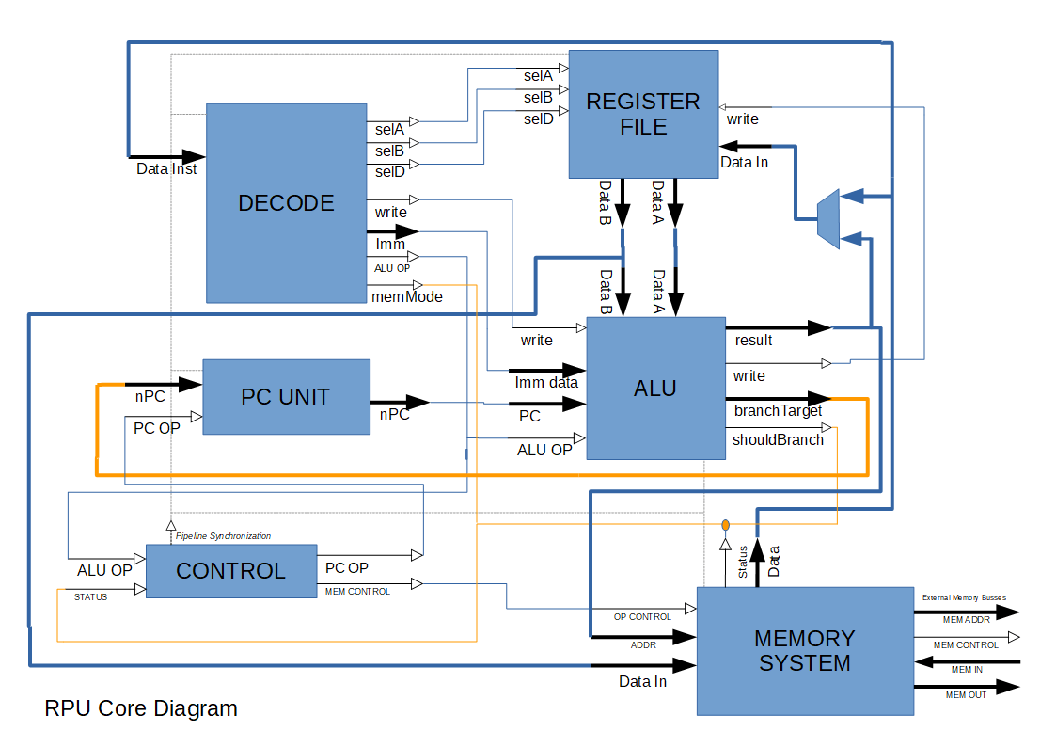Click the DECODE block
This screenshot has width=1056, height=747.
pos(286,203)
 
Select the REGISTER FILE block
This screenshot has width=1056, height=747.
pos(643,114)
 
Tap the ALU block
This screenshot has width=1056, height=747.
pos(655,388)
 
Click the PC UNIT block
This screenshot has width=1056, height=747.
pos(286,396)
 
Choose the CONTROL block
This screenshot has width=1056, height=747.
pos(230,571)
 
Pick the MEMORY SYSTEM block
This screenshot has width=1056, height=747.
pos(804,651)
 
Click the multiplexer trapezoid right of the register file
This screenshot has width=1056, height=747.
pos(827,219)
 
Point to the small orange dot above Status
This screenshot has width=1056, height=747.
pos(725,524)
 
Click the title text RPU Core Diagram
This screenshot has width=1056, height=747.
pos(141,708)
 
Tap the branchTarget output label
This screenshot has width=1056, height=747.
pos(778,410)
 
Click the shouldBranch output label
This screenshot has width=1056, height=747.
pos(778,439)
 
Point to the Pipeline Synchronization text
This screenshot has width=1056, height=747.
pos(223,536)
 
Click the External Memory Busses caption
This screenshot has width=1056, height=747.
pos(964,597)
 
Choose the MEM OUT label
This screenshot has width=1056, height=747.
pos(966,694)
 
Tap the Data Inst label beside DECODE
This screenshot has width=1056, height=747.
pos(166,169)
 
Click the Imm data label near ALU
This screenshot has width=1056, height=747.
pos(546,382)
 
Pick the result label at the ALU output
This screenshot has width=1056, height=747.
pos(753,340)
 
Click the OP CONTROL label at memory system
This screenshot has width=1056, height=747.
pos(642,617)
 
